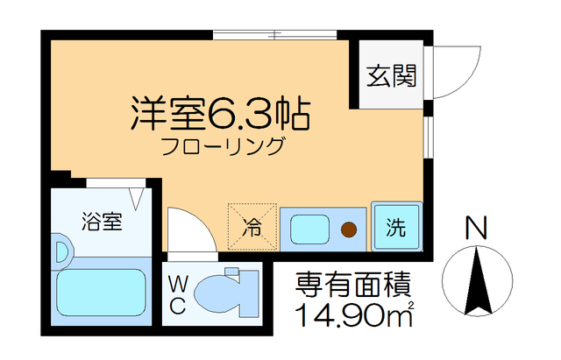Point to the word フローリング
222,146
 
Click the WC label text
176,294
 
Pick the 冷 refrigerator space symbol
252,228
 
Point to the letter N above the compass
475,229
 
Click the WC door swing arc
188,229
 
